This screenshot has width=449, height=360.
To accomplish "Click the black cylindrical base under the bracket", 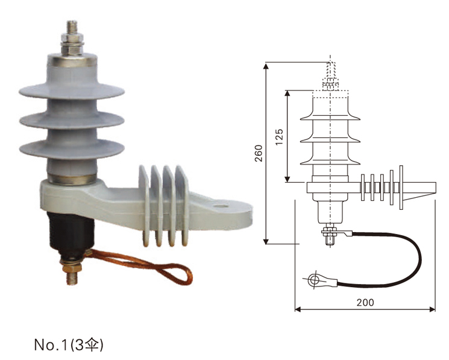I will click(x=70, y=232).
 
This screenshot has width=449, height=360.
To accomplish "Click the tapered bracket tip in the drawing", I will click(x=425, y=188).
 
